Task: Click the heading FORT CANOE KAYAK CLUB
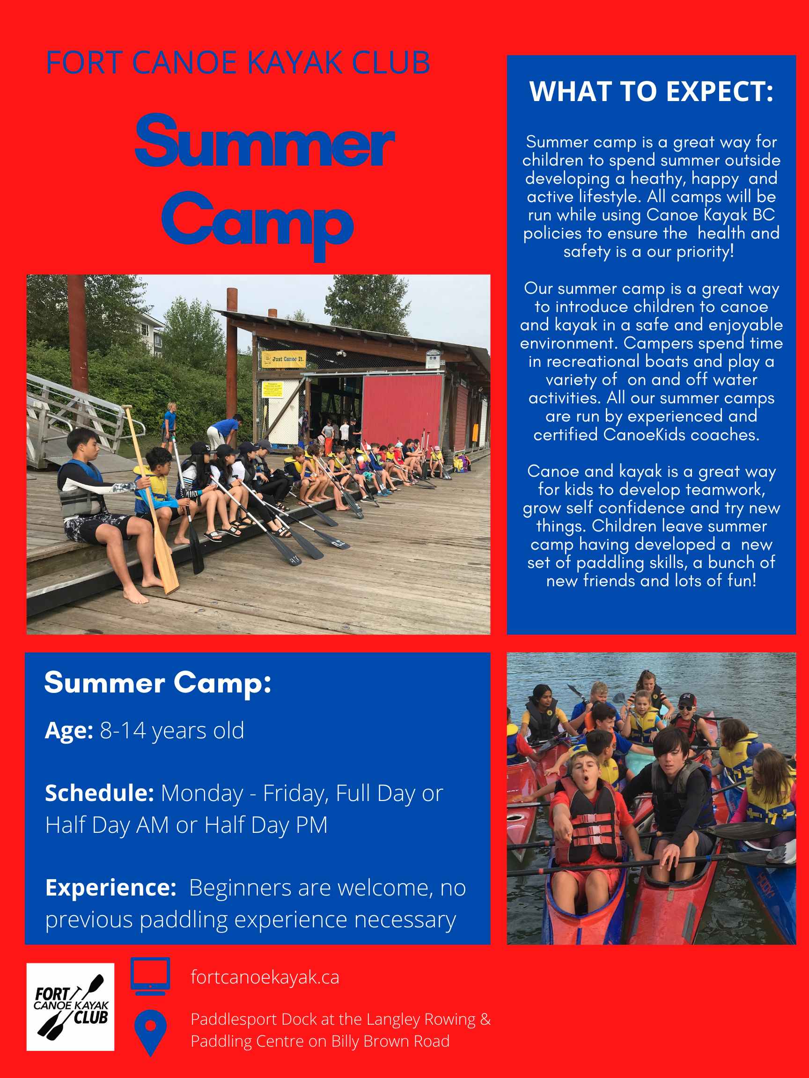[238, 63]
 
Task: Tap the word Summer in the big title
[265, 141]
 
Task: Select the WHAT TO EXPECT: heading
[652, 92]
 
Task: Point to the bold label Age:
[69, 731]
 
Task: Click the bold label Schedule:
[99, 794]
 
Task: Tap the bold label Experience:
[110, 888]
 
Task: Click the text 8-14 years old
[172, 731]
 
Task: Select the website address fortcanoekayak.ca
[265, 977]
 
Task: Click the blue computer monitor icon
[151, 976]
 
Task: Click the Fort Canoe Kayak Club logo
[70, 1007]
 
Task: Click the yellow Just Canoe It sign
[284, 359]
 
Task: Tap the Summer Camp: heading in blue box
[157, 683]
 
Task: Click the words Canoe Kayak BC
[711, 214]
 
